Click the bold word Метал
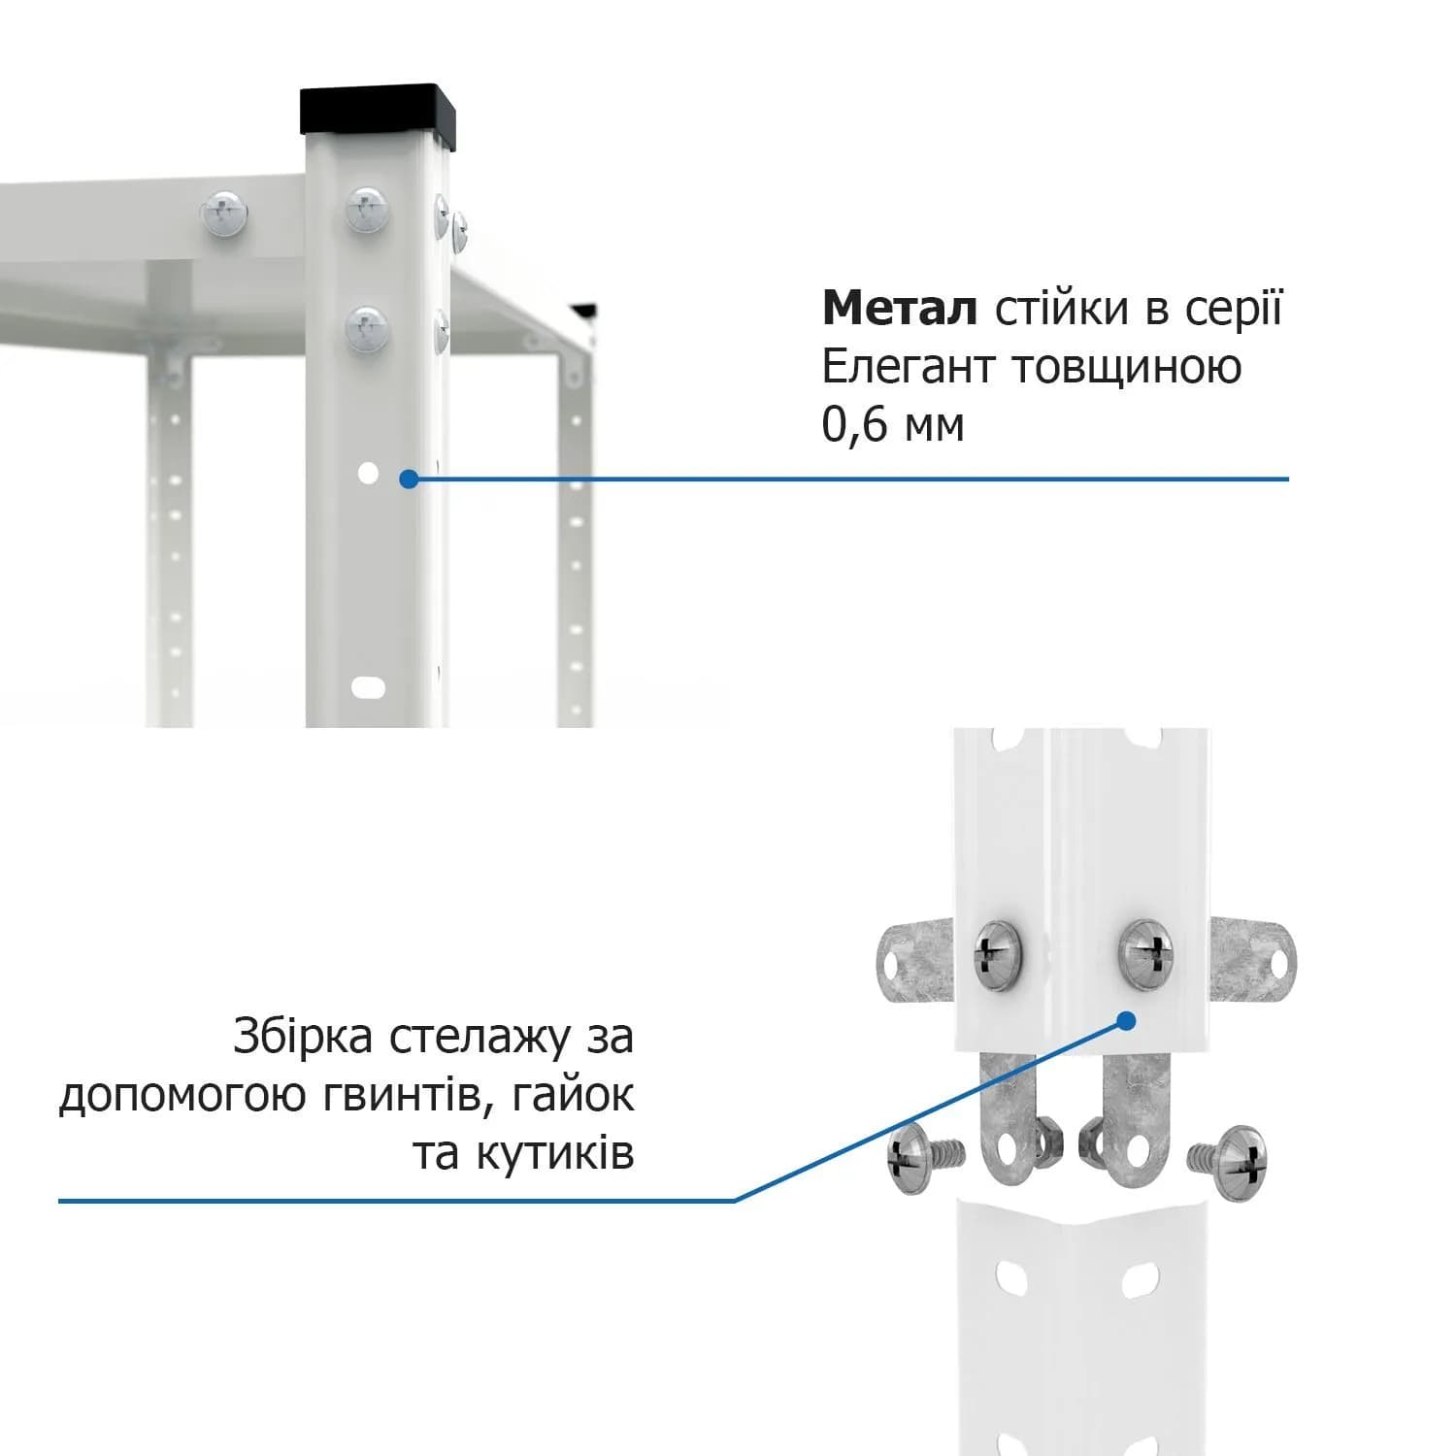(x=899, y=308)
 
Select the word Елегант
(x=909, y=367)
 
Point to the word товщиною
(x=1127, y=368)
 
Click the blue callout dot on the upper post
(x=409, y=479)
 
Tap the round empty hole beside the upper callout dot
(x=368, y=473)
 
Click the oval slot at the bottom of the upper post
(x=368, y=687)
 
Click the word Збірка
(x=303, y=1036)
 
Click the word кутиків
(x=554, y=1154)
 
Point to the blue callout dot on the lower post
(x=1126, y=1020)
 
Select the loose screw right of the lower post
(x=1228, y=1162)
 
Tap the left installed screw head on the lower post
(x=998, y=955)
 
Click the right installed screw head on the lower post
(x=1146, y=955)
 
